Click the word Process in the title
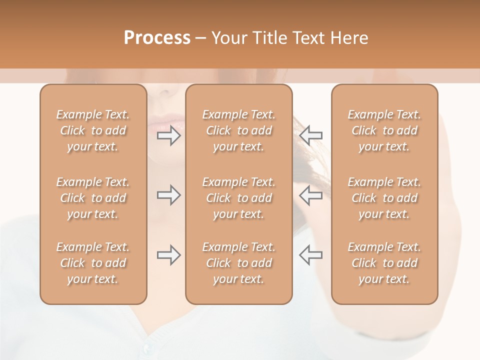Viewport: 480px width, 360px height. pyautogui.click(x=157, y=38)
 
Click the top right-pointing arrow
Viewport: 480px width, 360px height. pyautogui.click(x=169, y=135)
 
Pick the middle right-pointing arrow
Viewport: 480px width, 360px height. pyautogui.click(x=169, y=195)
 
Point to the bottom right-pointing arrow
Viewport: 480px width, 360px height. pyautogui.click(x=169, y=255)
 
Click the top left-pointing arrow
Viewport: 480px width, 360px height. pyautogui.click(x=310, y=135)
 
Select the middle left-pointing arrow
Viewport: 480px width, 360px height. pyautogui.click(x=310, y=195)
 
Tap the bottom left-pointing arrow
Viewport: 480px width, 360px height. pyautogui.click(x=310, y=255)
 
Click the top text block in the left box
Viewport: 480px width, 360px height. pyautogui.click(x=93, y=130)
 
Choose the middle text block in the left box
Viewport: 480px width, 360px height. pyautogui.click(x=93, y=198)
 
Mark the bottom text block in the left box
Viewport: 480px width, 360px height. pyautogui.click(x=93, y=263)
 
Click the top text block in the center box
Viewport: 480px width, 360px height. pyautogui.click(x=239, y=130)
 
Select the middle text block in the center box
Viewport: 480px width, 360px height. pyautogui.click(x=239, y=198)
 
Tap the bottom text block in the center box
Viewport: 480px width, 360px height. pyautogui.click(x=239, y=263)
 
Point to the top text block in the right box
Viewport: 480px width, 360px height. pyautogui.click(x=384, y=130)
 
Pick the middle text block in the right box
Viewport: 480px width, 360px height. pyautogui.click(x=384, y=198)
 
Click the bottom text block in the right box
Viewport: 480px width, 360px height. pyautogui.click(x=384, y=263)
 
